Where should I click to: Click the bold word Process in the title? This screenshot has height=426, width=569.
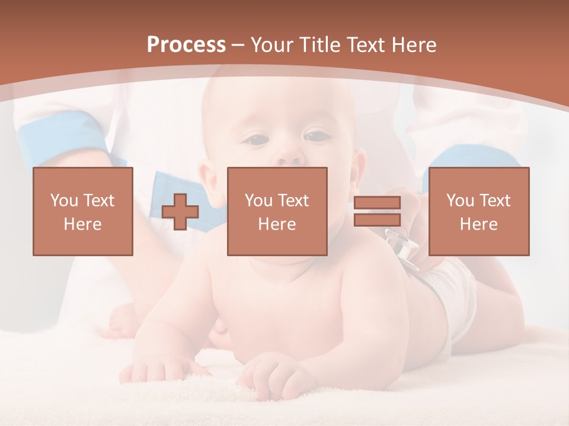pyautogui.click(x=186, y=45)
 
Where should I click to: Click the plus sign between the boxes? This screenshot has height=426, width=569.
pyautogui.click(x=180, y=212)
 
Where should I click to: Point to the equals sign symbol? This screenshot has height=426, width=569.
pyautogui.click(x=377, y=211)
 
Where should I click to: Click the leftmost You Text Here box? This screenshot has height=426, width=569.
pyautogui.click(x=83, y=211)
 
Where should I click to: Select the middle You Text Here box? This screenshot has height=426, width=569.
pyautogui.click(x=277, y=211)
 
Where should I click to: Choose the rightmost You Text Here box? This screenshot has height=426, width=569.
pyautogui.click(x=478, y=211)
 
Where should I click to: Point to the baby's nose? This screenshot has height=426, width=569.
pyautogui.click(x=289, y=157)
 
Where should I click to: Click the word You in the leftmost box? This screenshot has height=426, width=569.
pyautogui.click(x=64, y=201)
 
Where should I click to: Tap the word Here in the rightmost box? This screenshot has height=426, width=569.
pyautogui.click(x=478, y=224)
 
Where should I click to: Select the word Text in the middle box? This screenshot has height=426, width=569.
pyautogui.click(x=293, y=201)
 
